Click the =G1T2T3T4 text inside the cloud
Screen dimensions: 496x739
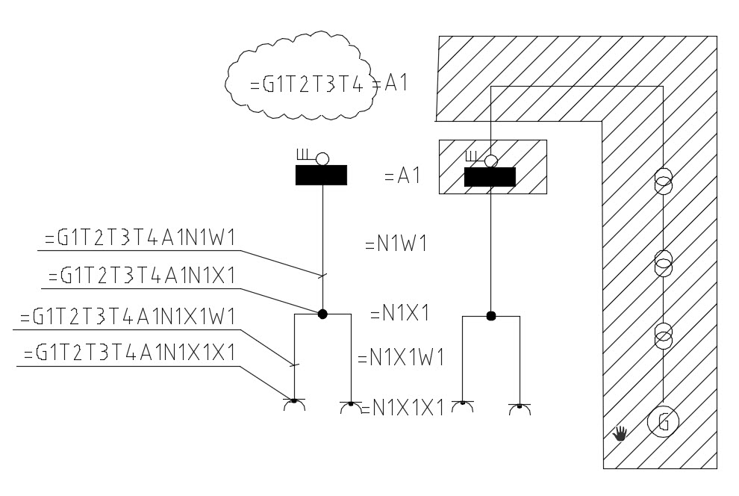(308, 84)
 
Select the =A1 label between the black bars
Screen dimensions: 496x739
(402, 176)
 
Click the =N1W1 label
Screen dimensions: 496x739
(396, 244)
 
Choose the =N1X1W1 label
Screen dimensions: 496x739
(401, 358)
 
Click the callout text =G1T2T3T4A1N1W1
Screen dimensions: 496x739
(140, 238)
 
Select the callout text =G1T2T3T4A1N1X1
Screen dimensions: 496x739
(142, 276)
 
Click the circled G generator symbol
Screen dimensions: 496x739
(662, 422)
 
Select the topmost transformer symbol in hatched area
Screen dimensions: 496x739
(663, 182)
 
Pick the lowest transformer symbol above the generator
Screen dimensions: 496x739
(663, 337)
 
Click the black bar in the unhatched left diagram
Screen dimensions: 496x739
(321, 175)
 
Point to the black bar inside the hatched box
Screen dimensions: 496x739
(490, 177)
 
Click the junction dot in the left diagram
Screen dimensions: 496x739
(322, 314)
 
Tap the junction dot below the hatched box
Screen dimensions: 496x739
(490, 316)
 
